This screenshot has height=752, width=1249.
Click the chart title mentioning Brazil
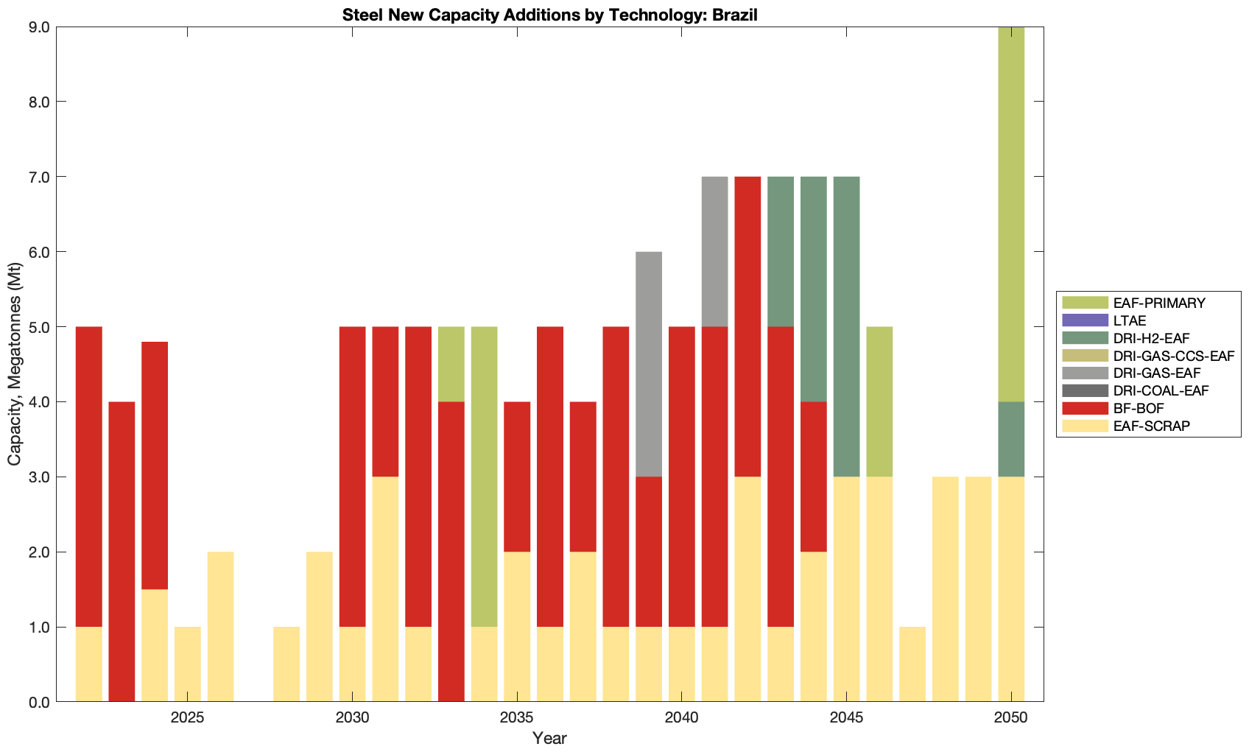click(549, 15)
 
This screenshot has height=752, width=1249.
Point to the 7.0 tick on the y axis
click(38, 178)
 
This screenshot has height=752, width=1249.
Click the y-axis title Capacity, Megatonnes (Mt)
click(15, 365)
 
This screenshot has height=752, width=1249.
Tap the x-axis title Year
click(549, 738)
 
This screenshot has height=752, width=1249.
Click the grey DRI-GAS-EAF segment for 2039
click(649, 364)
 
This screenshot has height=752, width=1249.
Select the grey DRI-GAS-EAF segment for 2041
click(714, 251)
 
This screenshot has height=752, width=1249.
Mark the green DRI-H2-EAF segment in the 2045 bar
click(846, 326)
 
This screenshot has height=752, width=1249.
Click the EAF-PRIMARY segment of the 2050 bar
click(1011, 214)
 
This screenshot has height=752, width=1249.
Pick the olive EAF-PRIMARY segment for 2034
click(484, 477)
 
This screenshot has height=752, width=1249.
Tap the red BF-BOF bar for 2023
click(122, 552)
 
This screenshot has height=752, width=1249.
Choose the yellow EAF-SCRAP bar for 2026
click(220, 627)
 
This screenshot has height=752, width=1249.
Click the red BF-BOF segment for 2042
click(747, 326)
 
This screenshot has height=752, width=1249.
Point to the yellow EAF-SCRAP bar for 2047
click(912, 664)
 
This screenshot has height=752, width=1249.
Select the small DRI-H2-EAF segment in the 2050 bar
click(1011, 439)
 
